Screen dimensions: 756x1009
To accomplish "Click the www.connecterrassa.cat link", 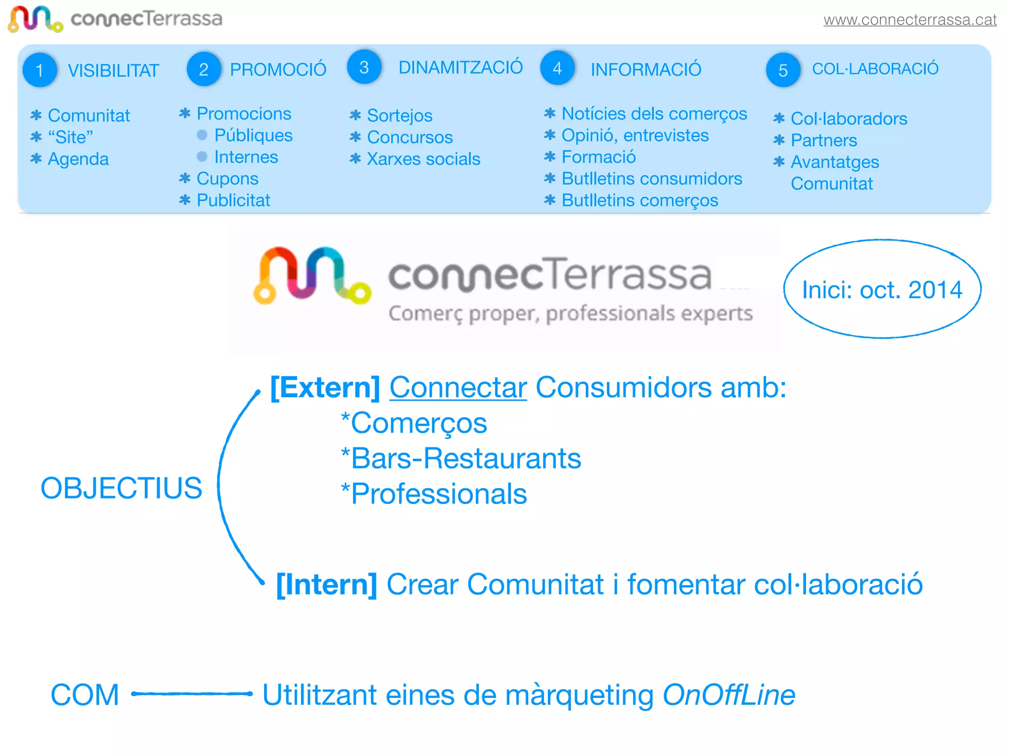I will (909, 20).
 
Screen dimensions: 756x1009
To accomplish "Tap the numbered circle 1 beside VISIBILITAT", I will (39, 70).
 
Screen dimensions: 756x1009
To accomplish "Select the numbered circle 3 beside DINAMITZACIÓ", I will (364, 67).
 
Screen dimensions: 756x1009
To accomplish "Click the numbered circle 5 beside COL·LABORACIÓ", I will (783, 70).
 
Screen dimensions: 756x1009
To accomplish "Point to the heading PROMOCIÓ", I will (278, 69).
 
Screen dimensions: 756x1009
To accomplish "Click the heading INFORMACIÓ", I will (646, 69).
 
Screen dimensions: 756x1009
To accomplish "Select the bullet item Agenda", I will (78, 159).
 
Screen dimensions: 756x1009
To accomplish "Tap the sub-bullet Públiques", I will (253, 135).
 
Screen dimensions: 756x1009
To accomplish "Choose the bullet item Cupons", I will (227, 179).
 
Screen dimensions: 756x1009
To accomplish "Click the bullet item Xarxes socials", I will (423, 159).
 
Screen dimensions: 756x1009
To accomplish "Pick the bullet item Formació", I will (599, 157).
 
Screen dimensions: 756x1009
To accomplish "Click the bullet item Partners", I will (824, 140).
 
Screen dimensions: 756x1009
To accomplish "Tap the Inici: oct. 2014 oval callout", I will (882, 289).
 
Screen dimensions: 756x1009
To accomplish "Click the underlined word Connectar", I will (458, 387).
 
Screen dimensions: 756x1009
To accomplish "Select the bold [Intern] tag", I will (327, 584).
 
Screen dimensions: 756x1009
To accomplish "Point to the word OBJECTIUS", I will (121, 488).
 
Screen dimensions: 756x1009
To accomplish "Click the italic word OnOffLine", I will (729, 695).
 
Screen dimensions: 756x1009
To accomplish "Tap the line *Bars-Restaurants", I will (461, 458).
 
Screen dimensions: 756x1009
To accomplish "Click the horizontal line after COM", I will (192, 694).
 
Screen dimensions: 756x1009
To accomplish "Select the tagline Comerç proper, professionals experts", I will (571, 314).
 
